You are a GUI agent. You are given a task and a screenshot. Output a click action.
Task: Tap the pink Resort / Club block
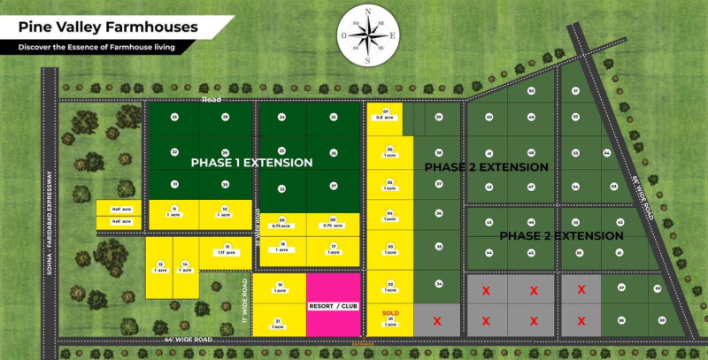point(334,305)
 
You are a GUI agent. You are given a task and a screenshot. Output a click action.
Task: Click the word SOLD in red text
point(390,313)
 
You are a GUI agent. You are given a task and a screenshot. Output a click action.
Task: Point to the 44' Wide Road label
point(189,340)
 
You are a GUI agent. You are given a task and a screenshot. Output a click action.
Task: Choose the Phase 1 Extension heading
point(251,163)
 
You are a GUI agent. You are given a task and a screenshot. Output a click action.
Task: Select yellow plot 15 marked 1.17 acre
point(227,250)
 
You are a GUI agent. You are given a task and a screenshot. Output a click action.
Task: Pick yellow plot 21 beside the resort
point(279,323)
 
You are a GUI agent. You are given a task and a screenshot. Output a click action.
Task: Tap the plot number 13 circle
point(160,264)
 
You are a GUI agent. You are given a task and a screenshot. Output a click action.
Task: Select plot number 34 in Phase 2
point(438,284)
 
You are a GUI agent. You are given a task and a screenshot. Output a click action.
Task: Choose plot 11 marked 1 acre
point(174,212)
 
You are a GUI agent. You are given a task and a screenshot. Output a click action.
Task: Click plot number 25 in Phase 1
point(174,117)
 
